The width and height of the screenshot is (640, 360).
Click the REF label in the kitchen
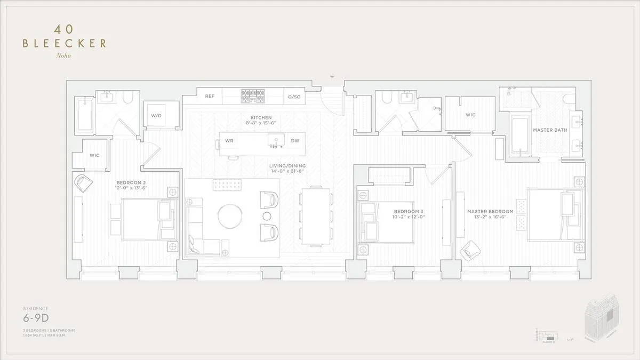pyautogui.click(x=210, y=97)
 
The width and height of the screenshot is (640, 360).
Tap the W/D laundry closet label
pyautogui.click(x=156, y=115)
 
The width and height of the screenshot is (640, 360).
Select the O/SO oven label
pyautogui.click(x=294, y=97)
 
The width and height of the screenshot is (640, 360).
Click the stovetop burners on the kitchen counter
pyautogui.click(x=253, y=96)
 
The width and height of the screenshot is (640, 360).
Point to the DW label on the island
pyautogui.click(x=295, y=141)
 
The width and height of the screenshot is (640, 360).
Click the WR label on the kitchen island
pyautogui.click(x=230, y=141)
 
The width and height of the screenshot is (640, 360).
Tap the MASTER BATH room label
pyautogui.click(x=550, y=130)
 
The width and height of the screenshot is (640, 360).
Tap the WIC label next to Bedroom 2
pyautogui.click(x=94, y=155)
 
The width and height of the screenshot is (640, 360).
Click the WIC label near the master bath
pyautogui.click(x=470, y=115)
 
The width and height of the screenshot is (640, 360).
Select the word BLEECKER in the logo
pyautogui.click(x=64, y=44)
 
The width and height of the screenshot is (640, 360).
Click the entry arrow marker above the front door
pyautogui.click(x=333, y=77)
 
